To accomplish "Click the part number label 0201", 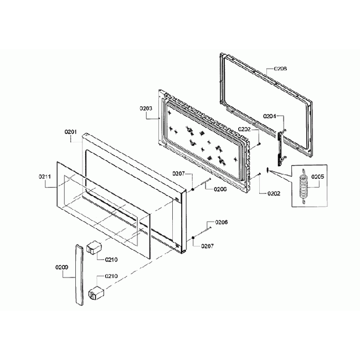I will click(70, 132).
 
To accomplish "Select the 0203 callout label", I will click(146, 109).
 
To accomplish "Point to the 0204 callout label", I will click(270, 116).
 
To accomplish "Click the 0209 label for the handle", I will click(61, 267).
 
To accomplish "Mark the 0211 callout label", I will click(45, 177).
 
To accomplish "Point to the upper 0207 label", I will click(178, 174).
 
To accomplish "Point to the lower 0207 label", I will click(207, 245).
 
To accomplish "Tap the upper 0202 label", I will click(245, 129).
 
